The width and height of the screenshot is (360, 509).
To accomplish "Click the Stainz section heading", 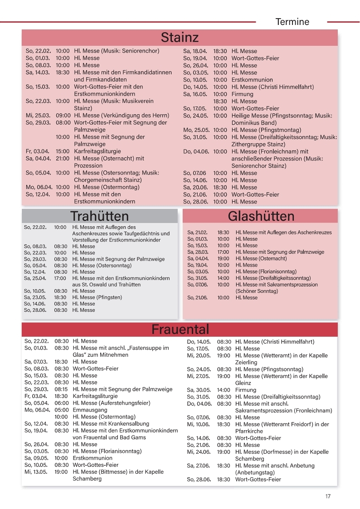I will click(180, 37).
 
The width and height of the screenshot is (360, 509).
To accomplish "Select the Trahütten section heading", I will click(99, 216).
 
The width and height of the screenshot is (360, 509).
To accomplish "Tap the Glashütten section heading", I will click(261, 216).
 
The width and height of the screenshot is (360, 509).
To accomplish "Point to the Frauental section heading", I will click(180, 329).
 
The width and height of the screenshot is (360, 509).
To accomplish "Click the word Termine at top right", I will click(292, 22).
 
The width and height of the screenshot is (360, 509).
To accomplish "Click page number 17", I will click(328, 496).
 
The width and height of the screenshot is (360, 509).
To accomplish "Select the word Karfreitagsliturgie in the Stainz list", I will click(97, 151).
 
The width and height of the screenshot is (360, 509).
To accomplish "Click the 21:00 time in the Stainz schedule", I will click(63, 159).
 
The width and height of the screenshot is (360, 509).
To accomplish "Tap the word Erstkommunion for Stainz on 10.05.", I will click(252, 80).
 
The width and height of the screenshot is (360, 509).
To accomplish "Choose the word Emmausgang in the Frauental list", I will click(89, 410).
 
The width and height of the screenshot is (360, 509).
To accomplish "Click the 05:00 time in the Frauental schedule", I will click(62, 410).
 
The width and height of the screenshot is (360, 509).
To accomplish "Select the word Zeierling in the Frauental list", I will click(246, 363).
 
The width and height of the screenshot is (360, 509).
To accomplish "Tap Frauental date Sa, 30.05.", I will click(198, 390).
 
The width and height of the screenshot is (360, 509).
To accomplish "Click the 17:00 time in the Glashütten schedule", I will click(223, 252).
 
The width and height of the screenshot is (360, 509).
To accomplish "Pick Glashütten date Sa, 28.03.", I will click(197, 252).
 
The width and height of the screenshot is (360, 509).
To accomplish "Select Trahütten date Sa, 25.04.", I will click(35, 278).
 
